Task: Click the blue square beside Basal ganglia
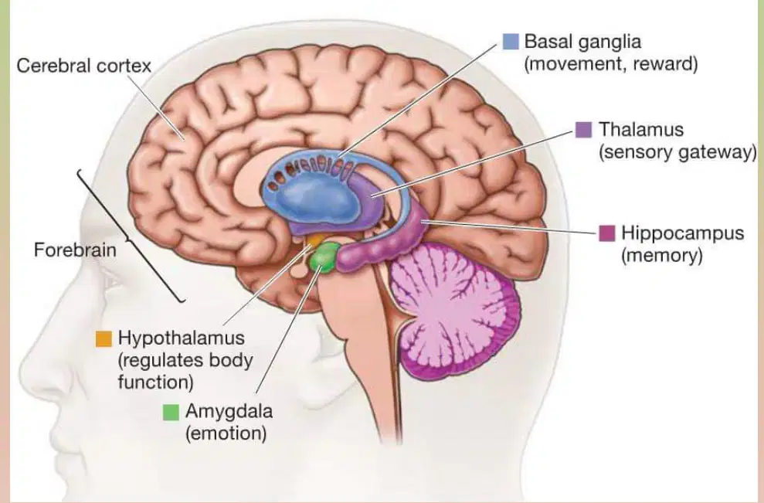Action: click(x=511, y=42)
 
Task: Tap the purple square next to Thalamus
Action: click(x=583, y=130)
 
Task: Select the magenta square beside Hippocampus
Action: click(x=606, y=233)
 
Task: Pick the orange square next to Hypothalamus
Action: click(x=104, y=338)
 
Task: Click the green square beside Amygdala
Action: click(x=171, y=412)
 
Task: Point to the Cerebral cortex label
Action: click(x=83, y=66)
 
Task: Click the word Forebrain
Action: click(x=75, y=250)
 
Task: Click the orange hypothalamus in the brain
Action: click(x=314, y=240)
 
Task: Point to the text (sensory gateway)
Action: click(x=677, y=152)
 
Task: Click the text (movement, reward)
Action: click(x=611, y=64)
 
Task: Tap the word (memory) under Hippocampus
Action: click(x=662, y=256)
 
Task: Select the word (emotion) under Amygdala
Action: click(x=226, y=433)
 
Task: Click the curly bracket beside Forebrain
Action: click(x=131, y=236)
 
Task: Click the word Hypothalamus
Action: click(x=182, y=338)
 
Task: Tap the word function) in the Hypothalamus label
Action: click(x=156, y=382)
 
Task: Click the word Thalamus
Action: click(x=641, y=129)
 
